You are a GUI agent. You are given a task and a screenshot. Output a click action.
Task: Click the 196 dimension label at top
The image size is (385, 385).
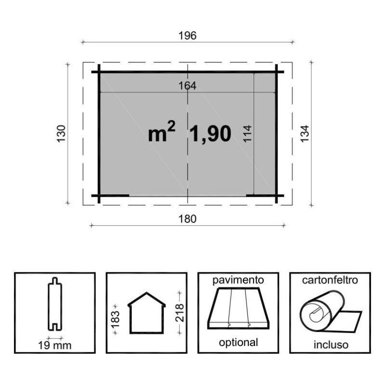(187, 36)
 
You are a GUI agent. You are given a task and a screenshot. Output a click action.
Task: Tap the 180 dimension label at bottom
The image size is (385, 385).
(187, 219)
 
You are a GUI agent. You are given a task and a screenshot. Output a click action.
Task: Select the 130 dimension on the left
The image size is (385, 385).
(62, 133)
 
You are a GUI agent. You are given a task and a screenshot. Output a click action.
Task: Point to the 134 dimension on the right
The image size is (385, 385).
(305, 134)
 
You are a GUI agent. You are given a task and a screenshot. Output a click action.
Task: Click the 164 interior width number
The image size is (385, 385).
(187, 86)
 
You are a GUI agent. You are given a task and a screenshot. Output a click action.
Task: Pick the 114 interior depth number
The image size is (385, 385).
(247, 133)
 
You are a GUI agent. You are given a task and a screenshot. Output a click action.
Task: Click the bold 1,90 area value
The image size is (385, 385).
(210, 134)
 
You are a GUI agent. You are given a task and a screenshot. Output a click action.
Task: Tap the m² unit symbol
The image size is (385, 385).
(162, 132)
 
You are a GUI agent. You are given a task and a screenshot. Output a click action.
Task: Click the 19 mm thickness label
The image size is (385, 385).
(55, 346)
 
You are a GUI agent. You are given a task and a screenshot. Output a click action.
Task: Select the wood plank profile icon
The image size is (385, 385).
(55, 304)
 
